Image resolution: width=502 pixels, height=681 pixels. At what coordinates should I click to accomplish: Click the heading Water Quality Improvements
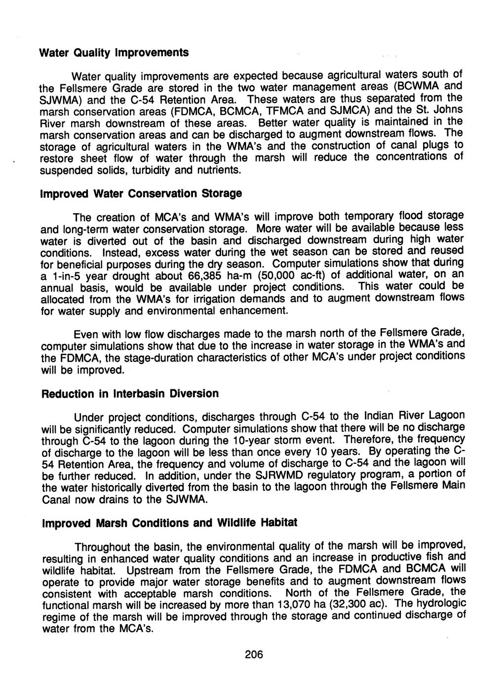coord(114,52)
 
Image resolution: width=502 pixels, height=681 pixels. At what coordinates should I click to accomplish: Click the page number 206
coord(254,654)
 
